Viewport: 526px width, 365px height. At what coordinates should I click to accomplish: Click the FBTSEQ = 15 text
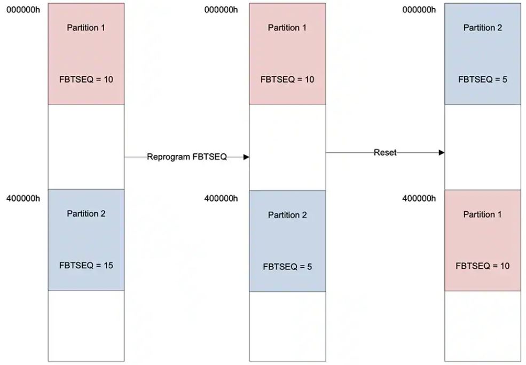pyautogui.click(x=86, y=265)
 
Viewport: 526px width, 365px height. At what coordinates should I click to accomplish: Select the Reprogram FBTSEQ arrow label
pyautogui.click(x=187, y=157)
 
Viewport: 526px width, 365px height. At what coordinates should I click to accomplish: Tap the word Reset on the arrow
pyautogui.click(x=385, y=152)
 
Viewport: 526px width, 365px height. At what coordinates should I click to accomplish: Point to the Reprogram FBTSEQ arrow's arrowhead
pyautogui.click(x=247, y=157)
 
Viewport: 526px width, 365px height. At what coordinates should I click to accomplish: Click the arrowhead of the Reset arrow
pyautogui.click(x=442, y=152)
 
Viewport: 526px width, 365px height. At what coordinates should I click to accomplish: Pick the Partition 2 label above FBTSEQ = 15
pyautogui.click(x=86, y=214)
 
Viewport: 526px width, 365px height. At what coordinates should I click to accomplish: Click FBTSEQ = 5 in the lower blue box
pyautogui.click(x=287, y=267)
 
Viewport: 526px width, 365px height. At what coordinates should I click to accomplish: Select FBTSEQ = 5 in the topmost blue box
pyautogui.click(x=483, y=80)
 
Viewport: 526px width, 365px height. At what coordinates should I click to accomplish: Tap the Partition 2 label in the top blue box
pyautogui.click(x=483, y=28)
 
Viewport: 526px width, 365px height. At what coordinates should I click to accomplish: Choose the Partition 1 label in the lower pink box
pyautogui.click(x=482, y=214)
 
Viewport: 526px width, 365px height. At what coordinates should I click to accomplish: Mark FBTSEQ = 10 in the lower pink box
pyautogui.click(x=483, y=266)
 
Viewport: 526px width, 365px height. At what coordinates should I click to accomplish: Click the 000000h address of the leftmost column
pyautogui.click(x=23, y=10)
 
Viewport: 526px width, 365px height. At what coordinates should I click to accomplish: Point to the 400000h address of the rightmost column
pyautogui.click(x=419, y=198)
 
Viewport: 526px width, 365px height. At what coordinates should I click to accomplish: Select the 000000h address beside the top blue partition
pyautogui.click(x=419, y=10)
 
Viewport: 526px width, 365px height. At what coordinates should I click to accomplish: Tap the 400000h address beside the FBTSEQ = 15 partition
pyautogui.click(x=23, y=198)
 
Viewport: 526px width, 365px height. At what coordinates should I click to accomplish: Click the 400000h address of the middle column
pyautogui.click(x=221, y=198)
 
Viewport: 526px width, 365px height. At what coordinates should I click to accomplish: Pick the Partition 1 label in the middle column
pyautogui.click(x=287, y=28)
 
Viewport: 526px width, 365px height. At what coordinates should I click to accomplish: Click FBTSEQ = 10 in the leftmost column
pyautogui.click(x=86, y=80)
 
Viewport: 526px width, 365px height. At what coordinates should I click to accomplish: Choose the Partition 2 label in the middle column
pyautogui.click(x=287, y=215)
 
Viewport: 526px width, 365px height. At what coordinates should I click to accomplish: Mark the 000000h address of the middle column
pyautogui.click(x=221, y=10)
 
